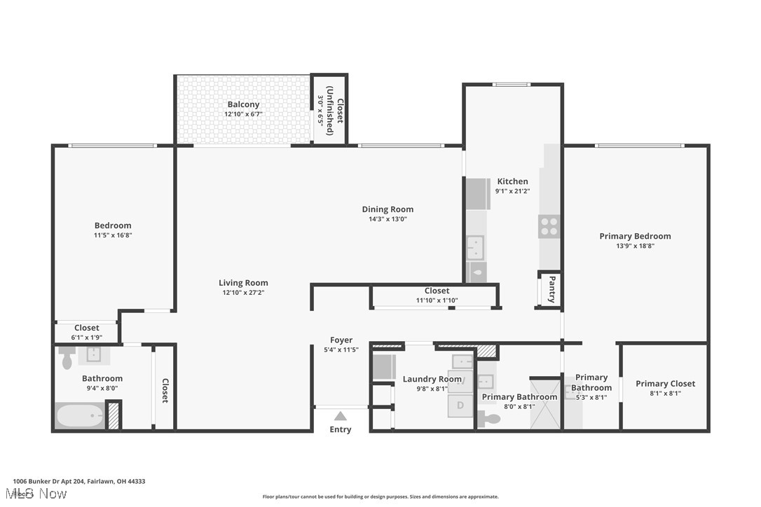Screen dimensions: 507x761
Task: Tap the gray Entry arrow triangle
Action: (340, 416)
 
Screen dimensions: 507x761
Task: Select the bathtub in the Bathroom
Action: (79, 416)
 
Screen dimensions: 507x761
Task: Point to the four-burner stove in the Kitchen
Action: (549, 226)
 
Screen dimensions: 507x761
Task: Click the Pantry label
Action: (551, 289)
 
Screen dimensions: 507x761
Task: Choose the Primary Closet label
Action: (665, 383)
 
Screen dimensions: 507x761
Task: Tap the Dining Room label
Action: (388, 209)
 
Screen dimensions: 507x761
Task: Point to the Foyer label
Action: (341, 340)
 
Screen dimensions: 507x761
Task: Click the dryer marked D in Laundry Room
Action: (460, 405)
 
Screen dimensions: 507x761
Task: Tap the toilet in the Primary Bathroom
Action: (488, 419)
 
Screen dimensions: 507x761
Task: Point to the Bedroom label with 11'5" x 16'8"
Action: (113, 225)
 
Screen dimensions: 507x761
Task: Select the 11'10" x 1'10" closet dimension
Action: (437, 300)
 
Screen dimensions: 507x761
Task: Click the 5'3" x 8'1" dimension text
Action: (591, 397)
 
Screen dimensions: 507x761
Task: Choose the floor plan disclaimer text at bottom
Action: (380, 496)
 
